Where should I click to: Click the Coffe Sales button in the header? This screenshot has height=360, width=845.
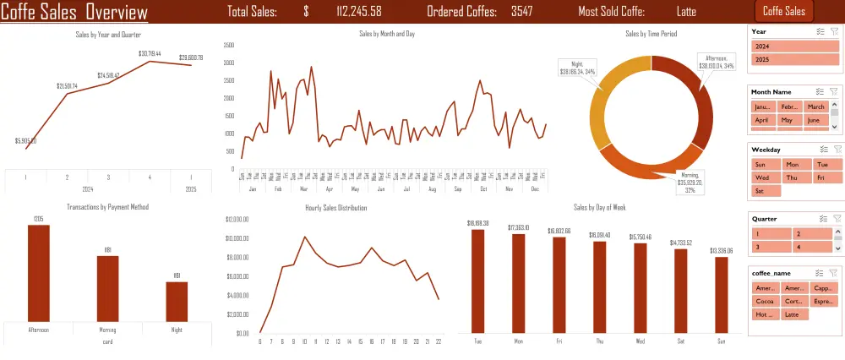(x=783, y=11)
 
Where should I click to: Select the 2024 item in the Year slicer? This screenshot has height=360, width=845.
(x=795, y=46)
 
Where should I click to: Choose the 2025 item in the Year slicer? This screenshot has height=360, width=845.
(x=795, y=60)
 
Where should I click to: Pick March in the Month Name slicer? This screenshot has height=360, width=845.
(x=815, y=107)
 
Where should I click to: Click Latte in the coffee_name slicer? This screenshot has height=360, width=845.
(x=795, y=314)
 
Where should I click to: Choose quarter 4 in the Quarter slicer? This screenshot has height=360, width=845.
(x=814, y=247)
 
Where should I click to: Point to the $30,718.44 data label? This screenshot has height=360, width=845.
(x=150, y=53)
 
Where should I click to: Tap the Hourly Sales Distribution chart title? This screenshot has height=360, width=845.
(x=336, y=207)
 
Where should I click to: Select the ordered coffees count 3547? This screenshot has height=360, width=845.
(x=521, y=12)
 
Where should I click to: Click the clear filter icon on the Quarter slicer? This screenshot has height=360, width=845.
(x=833, y=219)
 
